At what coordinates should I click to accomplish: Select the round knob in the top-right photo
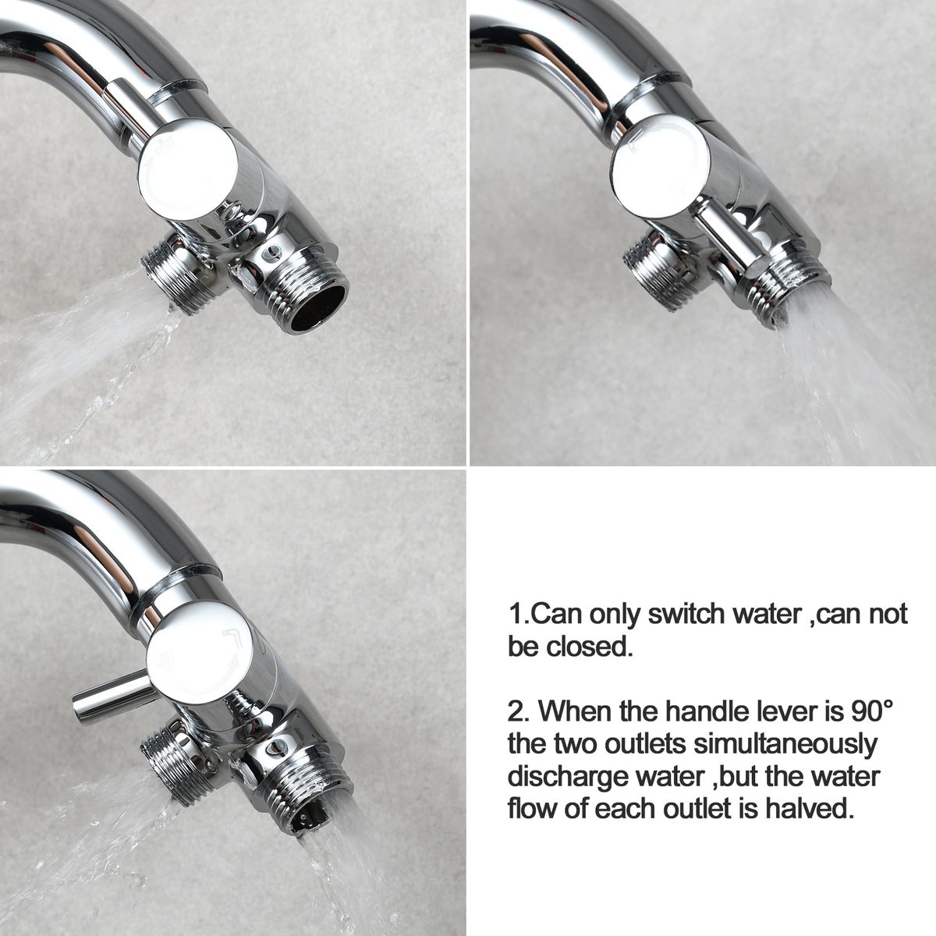(x=660, y=166)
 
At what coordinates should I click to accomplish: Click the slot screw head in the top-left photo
(x=270, y=253)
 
